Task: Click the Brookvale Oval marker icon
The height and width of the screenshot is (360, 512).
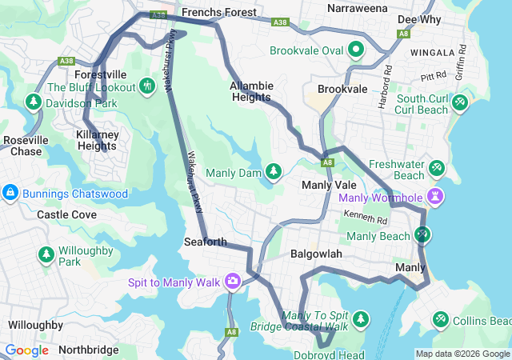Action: (356, 50)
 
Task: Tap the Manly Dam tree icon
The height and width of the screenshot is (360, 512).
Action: (274, 172)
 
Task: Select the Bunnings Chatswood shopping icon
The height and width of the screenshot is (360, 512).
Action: (10, 194)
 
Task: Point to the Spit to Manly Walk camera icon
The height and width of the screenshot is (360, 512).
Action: (233, 282)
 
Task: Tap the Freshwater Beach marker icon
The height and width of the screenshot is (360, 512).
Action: (437, 168)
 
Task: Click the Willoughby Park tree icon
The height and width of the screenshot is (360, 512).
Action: (46, 254)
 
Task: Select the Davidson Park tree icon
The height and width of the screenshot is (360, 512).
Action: (33, 102)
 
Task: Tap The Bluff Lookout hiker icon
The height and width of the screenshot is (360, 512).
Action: (146, 86)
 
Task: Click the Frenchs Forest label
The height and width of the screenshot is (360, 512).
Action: (218, 13)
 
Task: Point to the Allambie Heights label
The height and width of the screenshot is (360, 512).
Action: (251, 91)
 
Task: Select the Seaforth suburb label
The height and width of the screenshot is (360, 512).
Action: (205, 242)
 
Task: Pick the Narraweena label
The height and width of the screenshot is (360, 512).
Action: (358, 8)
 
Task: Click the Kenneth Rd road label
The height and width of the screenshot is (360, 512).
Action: (366, 217)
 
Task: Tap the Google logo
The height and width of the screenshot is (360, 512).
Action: (26, 350)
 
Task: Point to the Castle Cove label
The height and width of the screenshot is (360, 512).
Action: (67, 214)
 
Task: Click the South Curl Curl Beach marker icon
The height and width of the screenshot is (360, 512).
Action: (459, 102)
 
